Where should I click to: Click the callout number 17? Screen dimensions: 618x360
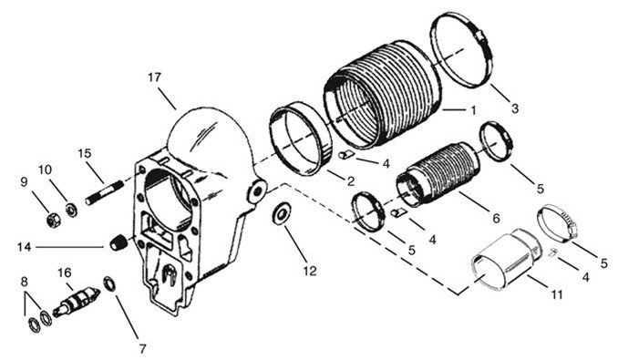tap(155, 77)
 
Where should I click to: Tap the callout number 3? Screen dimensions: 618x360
tap(515, 108)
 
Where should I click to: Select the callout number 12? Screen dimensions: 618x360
tap(310, 271)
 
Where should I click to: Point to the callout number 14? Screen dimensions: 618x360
tap(24, 247)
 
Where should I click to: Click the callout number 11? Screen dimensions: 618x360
tap(557, 294)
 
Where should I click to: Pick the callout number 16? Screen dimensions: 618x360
tap(65, 273)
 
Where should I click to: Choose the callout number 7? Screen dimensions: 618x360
tap(143, 348)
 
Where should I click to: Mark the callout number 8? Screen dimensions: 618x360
tap(25, 282)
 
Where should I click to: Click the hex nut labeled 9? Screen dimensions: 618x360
tap(54, 220)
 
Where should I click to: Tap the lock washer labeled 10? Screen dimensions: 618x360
tap(71, 210)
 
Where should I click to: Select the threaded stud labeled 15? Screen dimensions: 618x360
tap(105, 192)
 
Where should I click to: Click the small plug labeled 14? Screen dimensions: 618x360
tap(118, 242)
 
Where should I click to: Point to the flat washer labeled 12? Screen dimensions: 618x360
tap(282, 214)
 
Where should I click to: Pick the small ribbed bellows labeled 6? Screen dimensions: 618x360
tap(438, 174)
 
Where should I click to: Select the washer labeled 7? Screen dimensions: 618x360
tap(109, 284)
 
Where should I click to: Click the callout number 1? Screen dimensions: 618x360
tap(473, 110)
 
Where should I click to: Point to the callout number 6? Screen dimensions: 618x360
tap(496, 218)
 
